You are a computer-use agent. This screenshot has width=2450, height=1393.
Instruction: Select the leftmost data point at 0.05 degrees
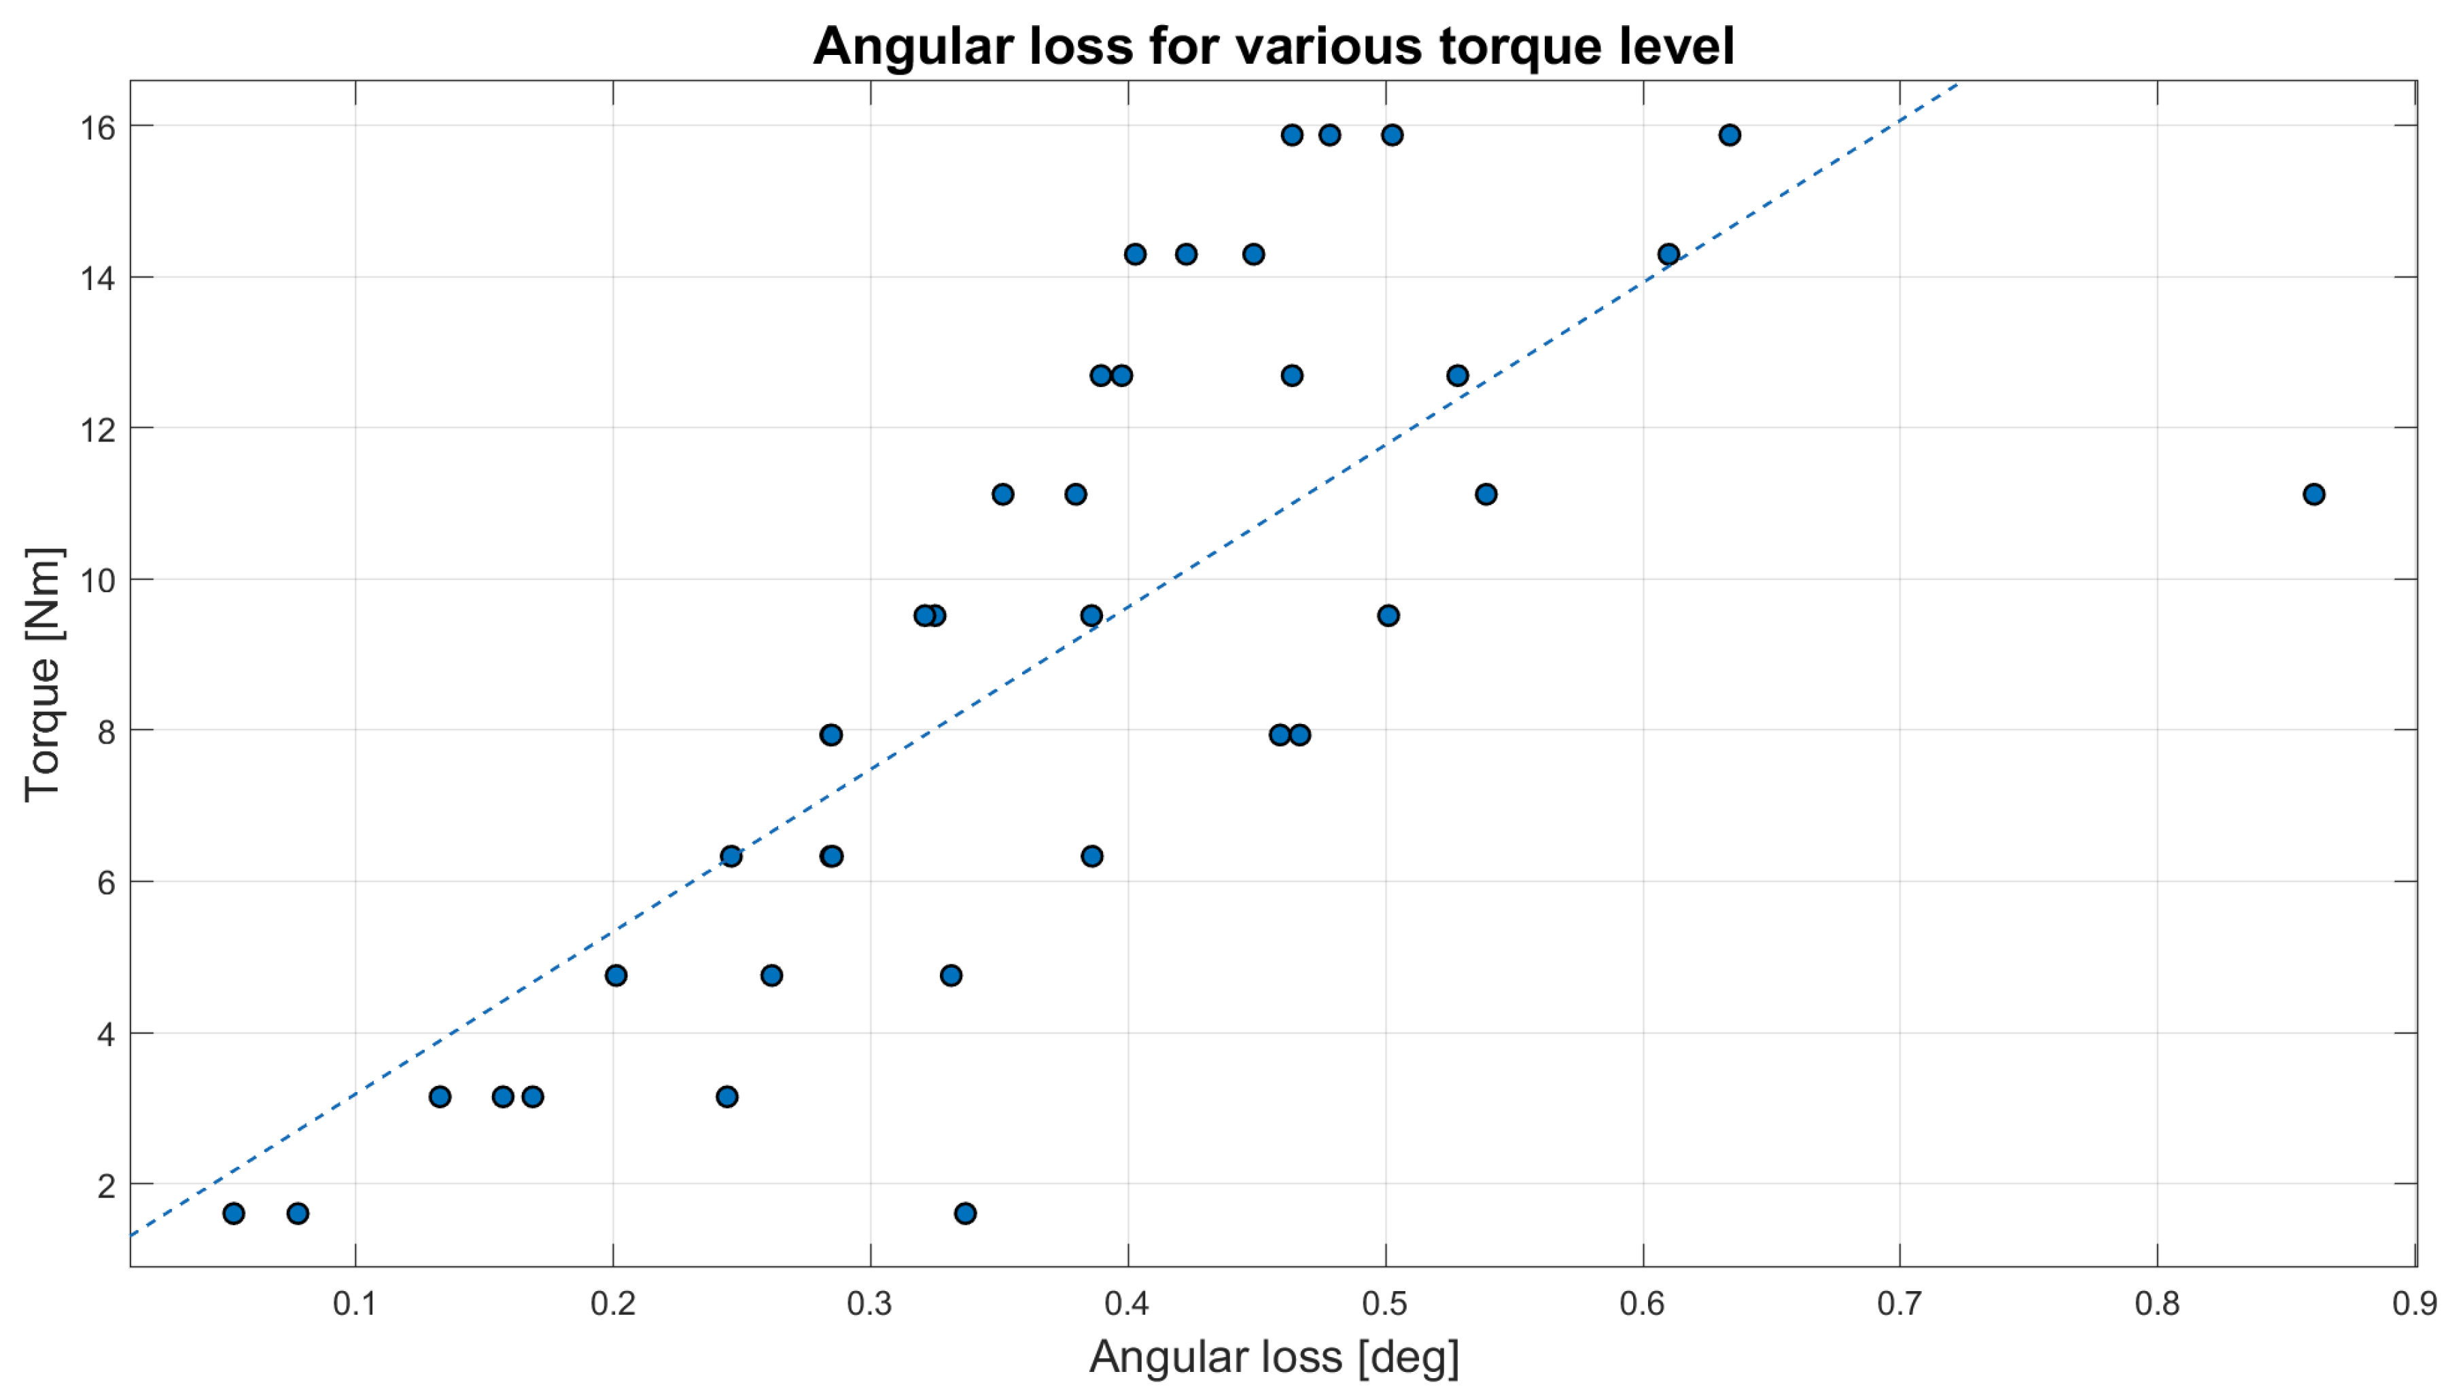click(x=234, y=1213)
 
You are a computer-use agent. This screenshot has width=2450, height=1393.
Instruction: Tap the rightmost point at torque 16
click(x=1728, y=135)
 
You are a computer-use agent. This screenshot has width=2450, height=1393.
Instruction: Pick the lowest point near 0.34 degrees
click(x=964, y=1213)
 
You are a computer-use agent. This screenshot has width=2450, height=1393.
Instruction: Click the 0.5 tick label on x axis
click(x=1385, y=1303)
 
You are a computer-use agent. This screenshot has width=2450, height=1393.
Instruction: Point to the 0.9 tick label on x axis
click(x=2413, y=1303)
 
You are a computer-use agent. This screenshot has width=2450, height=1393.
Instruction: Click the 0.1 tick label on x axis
click(x=355, y=1303)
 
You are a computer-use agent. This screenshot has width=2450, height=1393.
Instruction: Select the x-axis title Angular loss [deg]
click(x=1274, y=1356)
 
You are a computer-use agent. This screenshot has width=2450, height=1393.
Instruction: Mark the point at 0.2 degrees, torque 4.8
click(x=615, y=975)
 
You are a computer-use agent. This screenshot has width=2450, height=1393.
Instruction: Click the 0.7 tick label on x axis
click(x=1899, y=1303)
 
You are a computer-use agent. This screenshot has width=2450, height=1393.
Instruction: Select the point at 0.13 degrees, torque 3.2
click(x=439, y=1096)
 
